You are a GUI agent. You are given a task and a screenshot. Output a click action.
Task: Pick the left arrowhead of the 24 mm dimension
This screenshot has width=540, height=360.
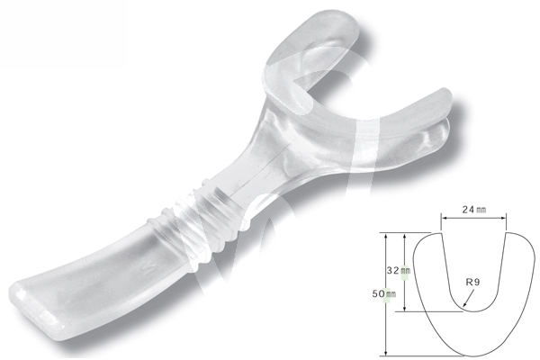point(443,216)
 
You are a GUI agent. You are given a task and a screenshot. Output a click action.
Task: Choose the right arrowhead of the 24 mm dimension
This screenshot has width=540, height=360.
point(505,216)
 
